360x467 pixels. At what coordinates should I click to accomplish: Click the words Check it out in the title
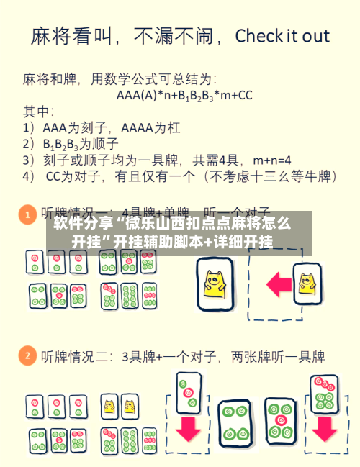(x=282, y=35)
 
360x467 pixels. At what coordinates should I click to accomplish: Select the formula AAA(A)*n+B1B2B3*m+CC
(x=184, y=94)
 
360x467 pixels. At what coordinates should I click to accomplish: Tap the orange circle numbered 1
(x=27, y=214)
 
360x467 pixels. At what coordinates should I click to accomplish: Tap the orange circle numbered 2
(x=27, y=355)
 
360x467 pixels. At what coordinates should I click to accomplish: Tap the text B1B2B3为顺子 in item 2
(x=81, y=144)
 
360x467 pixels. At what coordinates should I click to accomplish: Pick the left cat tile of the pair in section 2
(x=110, y=405)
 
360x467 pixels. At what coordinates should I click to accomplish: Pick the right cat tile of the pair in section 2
(x=128, y=405)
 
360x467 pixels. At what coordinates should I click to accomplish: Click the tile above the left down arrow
(x=188, y=389)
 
